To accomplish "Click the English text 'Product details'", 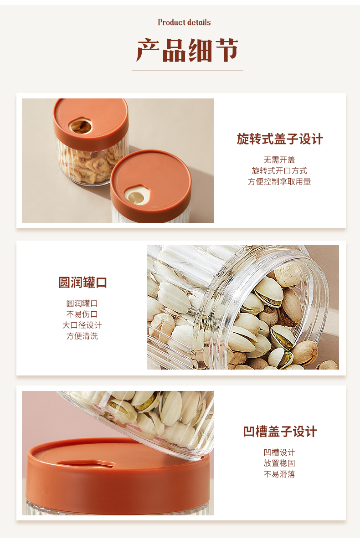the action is [184, 22].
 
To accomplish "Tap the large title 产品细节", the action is [187, 50].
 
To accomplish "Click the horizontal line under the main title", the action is [187, 71].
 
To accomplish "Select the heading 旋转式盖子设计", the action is [280, 139].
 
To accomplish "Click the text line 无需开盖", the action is [279, 160].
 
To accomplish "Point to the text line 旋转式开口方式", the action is [279, 171].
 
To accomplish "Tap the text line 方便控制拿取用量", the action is [279, 181].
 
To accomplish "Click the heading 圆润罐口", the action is [82, 282].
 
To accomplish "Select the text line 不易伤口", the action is [82, 314].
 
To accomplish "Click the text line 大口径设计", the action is [82, 325].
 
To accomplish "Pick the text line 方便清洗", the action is [82, 336].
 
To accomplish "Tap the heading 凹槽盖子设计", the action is [280, 432].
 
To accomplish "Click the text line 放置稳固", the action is [279, 463].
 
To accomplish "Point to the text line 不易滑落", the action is [279, 474].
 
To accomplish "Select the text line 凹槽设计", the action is [279, 452].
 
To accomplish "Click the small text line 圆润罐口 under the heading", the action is [82, 303].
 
